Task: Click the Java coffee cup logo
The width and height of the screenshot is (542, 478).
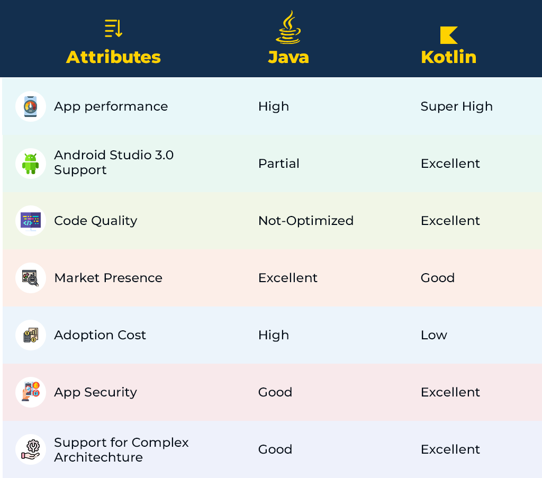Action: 288,27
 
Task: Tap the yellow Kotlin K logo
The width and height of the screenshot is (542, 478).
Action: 449,35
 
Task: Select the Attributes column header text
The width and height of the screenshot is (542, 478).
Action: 113,57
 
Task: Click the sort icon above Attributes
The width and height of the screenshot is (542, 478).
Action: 113,29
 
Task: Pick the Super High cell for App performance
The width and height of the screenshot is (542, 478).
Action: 456,106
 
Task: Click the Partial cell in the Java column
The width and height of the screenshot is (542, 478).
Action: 278,164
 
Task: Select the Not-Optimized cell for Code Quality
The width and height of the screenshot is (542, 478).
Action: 306,221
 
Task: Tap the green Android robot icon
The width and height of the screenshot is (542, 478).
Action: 30,164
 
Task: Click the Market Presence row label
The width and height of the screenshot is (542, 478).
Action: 108,278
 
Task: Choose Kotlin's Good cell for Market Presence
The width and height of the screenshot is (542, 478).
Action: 438,278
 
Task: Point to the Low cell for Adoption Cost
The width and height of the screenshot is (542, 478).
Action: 434,335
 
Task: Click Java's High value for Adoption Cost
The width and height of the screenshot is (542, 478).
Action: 274,335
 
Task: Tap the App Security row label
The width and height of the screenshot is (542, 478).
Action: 95,392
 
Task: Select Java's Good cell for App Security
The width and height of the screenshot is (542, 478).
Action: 275,392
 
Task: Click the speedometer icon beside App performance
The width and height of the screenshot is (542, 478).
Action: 30,106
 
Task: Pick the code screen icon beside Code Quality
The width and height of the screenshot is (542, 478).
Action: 30,221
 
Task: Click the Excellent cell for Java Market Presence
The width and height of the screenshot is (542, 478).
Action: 287,278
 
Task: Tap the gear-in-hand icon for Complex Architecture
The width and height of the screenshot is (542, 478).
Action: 31,449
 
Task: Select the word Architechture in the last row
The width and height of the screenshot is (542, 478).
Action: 98,457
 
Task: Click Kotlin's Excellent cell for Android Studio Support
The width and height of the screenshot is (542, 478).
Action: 450,164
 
